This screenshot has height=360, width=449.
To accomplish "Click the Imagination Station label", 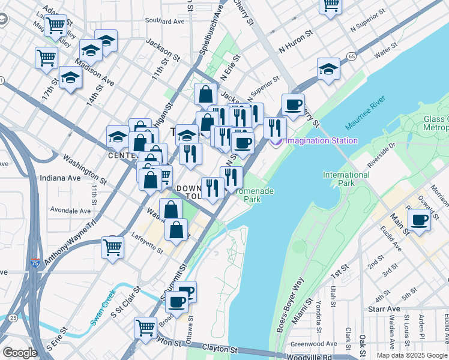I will point(321,141).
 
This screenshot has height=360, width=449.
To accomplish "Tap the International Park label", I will point(346,179).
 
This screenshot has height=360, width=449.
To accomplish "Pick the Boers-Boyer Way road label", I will point(291,305).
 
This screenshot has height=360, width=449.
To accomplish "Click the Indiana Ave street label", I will point(59,178).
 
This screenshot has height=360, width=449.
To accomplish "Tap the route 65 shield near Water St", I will point(351,56).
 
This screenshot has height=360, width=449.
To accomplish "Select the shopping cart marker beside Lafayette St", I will point(112,246).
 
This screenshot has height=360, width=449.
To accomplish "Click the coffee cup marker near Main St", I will point(420,220).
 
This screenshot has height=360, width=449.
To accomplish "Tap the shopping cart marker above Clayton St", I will point(146,328).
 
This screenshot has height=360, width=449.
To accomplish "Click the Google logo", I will point(20,353).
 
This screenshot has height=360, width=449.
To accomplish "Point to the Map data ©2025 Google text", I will point(411,355).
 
